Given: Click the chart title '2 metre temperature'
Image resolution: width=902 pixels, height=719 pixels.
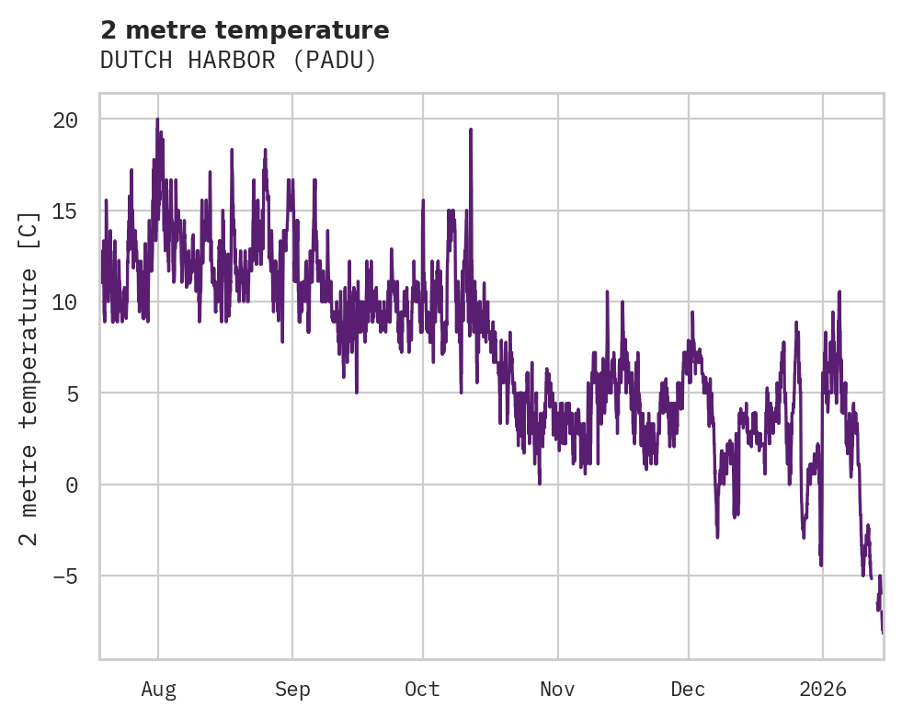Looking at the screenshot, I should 245,30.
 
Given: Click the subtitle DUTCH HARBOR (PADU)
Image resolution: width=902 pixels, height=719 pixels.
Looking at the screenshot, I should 238,60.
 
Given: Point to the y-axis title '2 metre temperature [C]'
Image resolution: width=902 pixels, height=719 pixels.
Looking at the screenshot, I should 29,378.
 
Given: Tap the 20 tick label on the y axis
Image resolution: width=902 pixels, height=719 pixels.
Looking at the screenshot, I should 65,120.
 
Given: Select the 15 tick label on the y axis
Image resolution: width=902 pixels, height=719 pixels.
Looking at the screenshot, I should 65,211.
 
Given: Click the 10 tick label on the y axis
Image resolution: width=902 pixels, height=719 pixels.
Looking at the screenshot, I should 65,302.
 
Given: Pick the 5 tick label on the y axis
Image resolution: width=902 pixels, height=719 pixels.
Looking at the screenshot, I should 72,393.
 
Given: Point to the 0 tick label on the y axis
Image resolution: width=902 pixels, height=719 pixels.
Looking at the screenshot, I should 72,485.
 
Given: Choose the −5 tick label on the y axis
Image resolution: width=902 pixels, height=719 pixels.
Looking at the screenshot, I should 65,576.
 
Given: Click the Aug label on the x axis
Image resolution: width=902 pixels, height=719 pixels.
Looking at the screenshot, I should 158,689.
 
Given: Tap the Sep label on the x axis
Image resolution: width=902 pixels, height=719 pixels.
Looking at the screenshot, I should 292,689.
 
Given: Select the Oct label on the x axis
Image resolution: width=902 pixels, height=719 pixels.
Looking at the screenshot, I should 423,689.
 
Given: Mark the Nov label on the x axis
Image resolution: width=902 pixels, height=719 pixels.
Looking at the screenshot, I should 557,689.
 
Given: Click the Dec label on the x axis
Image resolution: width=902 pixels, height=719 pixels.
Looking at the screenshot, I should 688,689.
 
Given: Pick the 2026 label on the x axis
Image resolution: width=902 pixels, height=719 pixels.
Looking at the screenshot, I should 822,689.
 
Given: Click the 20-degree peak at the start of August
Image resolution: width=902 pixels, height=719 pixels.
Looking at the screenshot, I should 157,120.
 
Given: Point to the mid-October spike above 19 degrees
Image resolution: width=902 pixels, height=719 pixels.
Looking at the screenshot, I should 470,130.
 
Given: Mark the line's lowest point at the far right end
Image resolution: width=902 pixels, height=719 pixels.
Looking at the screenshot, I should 882,632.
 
